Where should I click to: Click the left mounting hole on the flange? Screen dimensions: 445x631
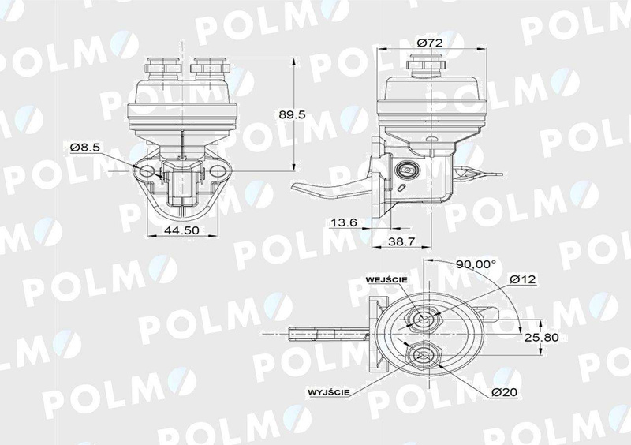tap(144, 170)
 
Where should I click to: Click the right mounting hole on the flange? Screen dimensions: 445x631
tap(215, 170)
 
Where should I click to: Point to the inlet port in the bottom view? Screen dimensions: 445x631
tap(426, 320)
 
